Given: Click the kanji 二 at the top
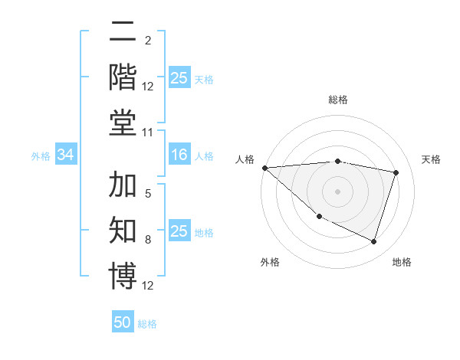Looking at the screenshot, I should (x=123, y=33).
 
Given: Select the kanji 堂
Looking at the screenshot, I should (x=123, y=123).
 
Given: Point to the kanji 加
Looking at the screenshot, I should (x=123, y=186).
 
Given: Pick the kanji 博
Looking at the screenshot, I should (x=123, y=277).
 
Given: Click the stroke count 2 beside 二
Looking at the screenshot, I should (x=148, y=41).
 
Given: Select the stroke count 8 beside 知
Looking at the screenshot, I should (x=148, y=240).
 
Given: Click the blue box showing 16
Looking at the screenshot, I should (x=179, y=155).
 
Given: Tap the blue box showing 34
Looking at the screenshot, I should (x=66, y=155).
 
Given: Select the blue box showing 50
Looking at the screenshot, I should (x=123, y=322).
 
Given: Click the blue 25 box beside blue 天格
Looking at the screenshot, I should (x=179, y=78).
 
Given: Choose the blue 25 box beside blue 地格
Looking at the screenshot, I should (x=179, y=232).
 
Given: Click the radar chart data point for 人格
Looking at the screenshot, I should (x=264, y=168).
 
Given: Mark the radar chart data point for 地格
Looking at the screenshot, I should (x=373, y=242).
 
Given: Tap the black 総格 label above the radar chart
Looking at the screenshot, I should (x=338, y=100).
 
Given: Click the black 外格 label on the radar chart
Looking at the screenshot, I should (x=270, y=262).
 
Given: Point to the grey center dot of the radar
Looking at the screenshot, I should (x=338, y=191).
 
